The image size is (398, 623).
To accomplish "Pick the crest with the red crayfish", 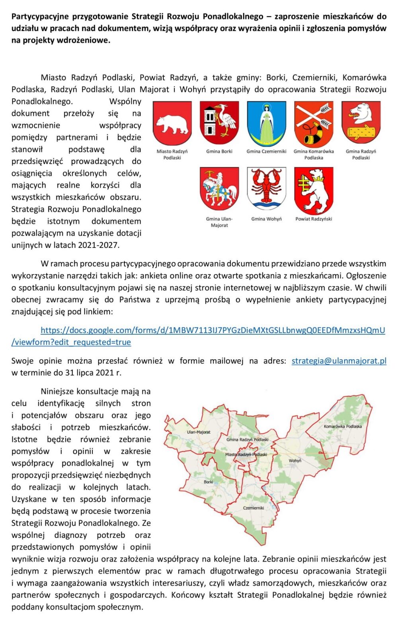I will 266,189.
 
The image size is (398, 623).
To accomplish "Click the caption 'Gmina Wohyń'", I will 266,219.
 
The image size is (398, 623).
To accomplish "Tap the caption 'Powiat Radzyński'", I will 314,219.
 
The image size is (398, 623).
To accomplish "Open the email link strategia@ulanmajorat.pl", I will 339,361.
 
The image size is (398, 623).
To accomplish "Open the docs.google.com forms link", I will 213,330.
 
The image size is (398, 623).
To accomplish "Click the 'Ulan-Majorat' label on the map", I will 199,432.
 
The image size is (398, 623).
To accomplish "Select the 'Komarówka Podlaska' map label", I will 343,426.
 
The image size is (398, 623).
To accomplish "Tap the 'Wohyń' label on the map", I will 295,461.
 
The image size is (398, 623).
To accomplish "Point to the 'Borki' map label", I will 208,482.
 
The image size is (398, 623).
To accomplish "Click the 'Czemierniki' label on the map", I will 254,508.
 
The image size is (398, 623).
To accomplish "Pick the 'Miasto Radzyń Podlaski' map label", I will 246,454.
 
